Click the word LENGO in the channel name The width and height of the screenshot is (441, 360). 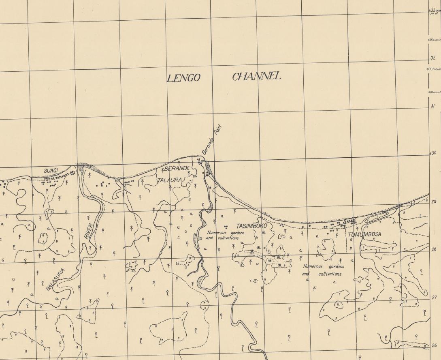[x=183, y=78]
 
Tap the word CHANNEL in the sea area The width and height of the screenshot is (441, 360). [x=256, y=76]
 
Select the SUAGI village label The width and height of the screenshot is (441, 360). [x=51, y=171]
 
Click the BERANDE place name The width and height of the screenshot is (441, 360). [x=177, y=168]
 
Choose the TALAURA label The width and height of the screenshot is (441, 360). [x=170, y=180]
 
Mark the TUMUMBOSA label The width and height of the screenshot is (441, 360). [x=364, y=234]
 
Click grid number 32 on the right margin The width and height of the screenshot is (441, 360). [x=433, y=58]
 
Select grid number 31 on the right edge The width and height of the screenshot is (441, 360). [x=433, y=106]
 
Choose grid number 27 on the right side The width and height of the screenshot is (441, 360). [x=434, y=298]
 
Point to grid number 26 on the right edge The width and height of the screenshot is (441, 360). [x=434, y=346]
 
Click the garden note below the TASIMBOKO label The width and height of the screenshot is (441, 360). [x=223, y=236]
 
